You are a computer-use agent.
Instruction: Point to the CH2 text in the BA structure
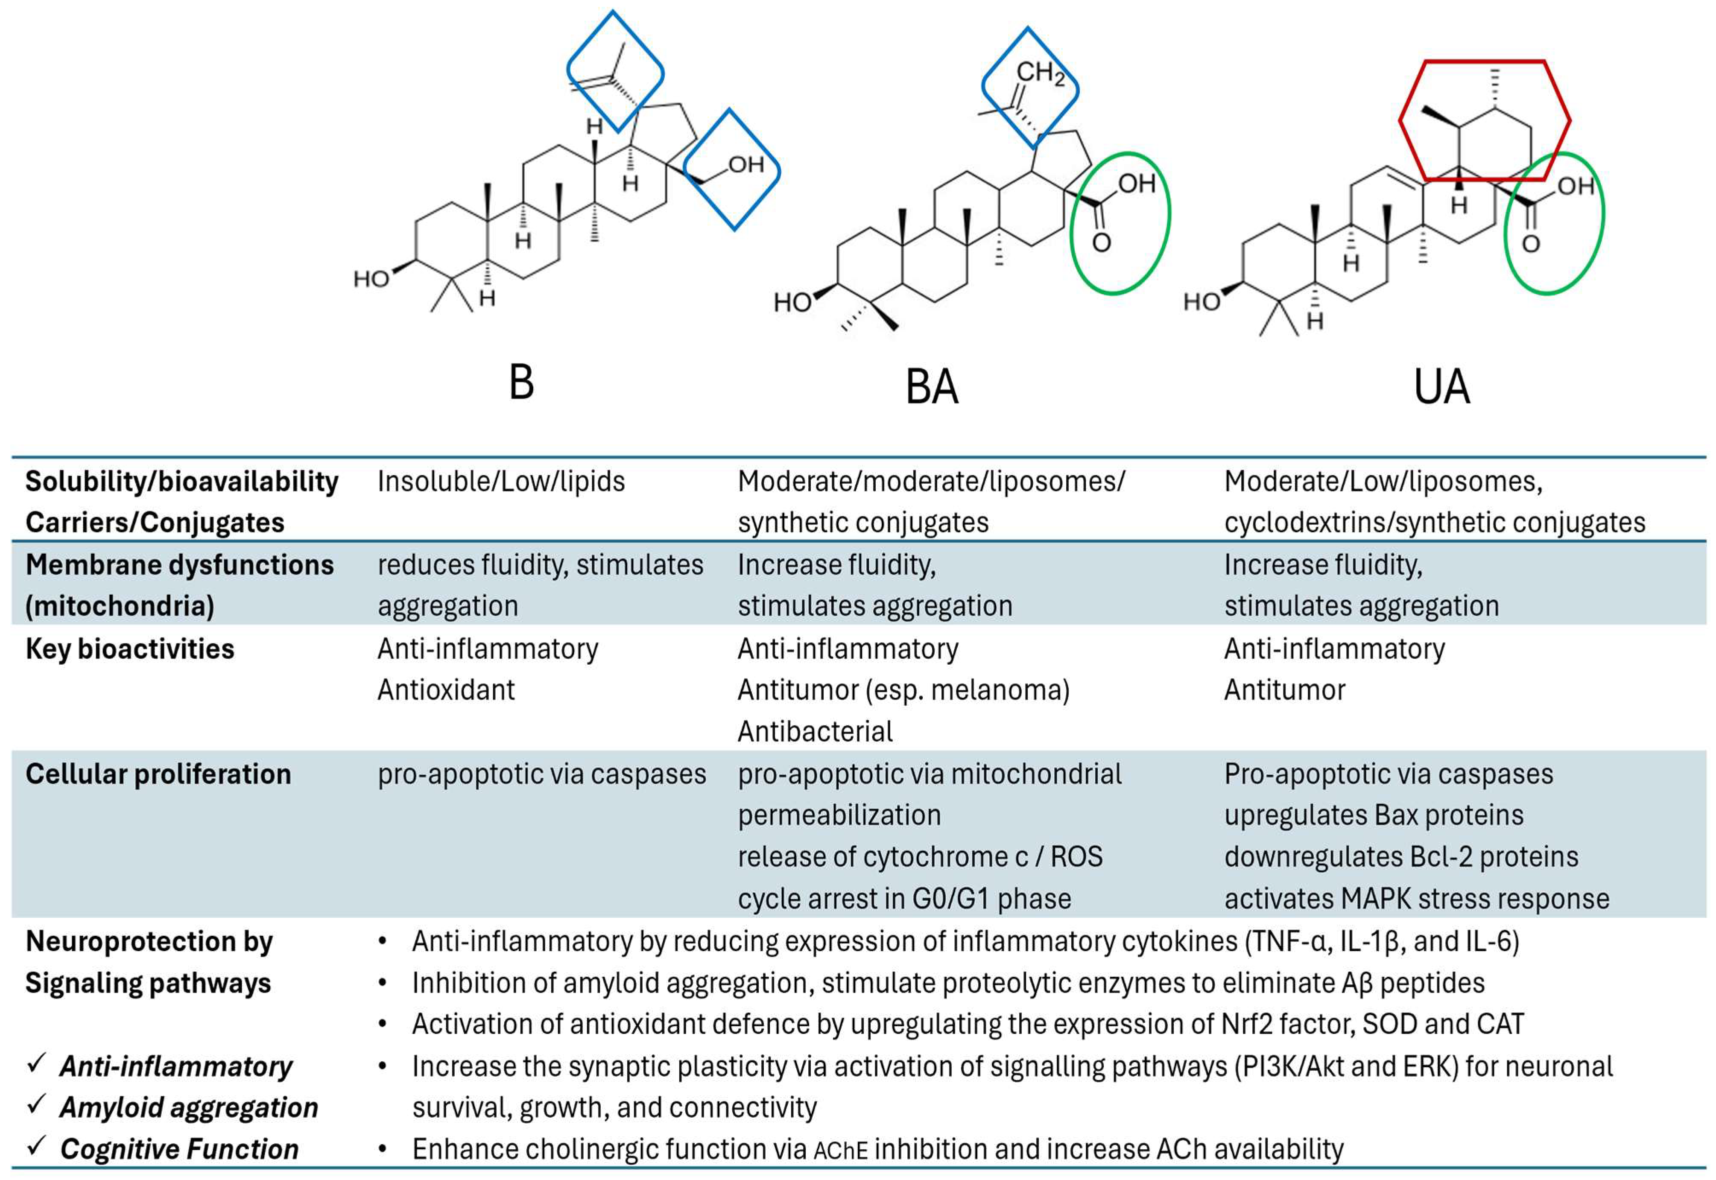pos(1040,73)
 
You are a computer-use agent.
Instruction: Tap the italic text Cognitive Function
pos(179,1149)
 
